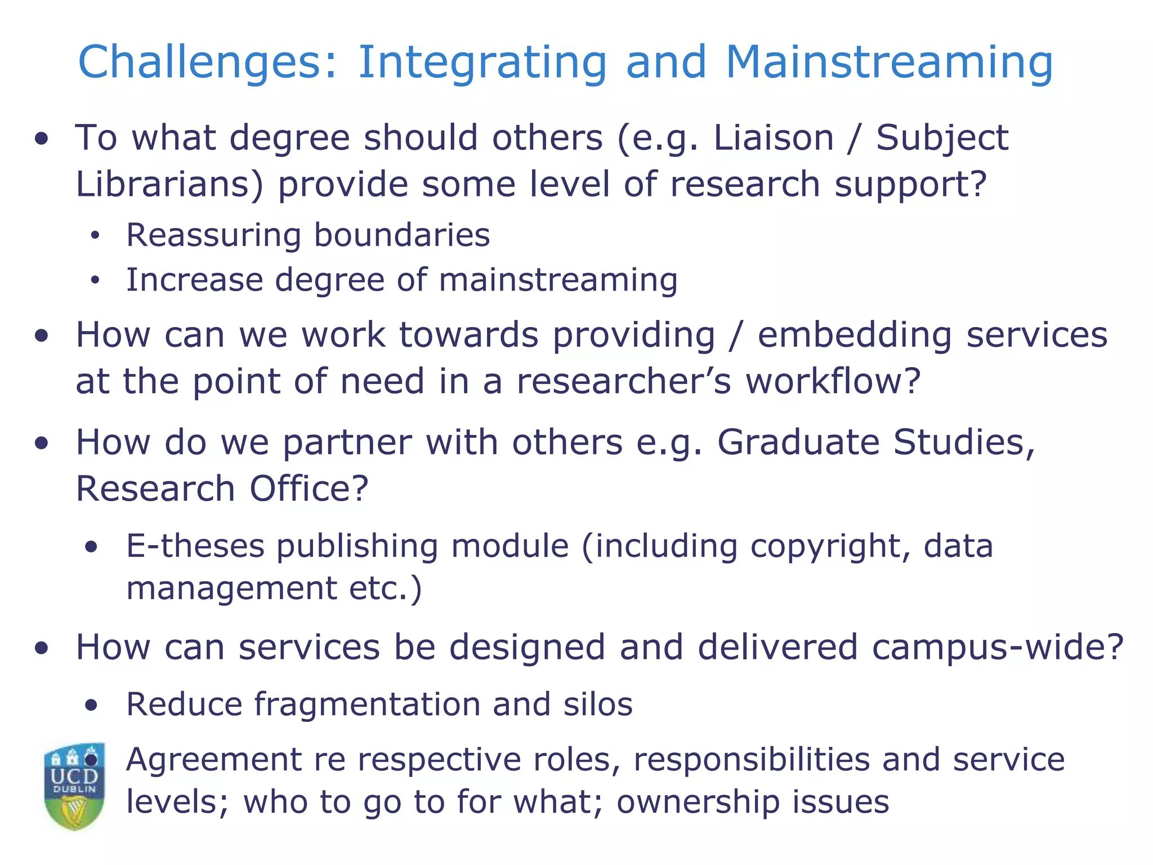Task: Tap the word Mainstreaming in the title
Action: [x=889, y=62]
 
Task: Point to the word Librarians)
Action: [x=169, y=184]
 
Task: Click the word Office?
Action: [x=309, y=488]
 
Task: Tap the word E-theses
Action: [x=195, y=546]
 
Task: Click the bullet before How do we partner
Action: [x=41, y=443]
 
